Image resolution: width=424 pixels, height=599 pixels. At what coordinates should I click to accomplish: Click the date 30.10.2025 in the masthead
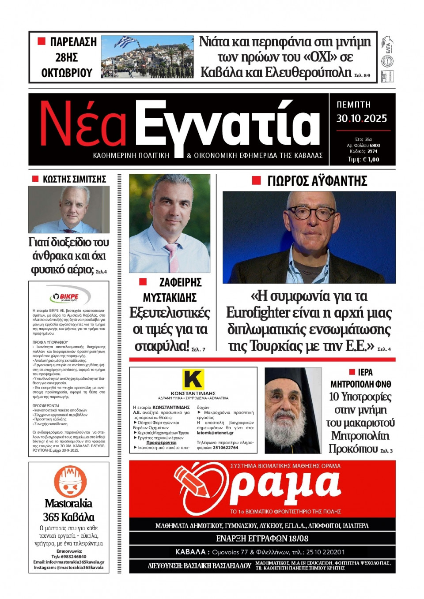click(x=361, y=118)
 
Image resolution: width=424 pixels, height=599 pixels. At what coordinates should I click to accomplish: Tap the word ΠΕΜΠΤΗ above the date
click(x=353, y=105)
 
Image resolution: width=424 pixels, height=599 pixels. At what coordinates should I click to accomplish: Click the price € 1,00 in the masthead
click(x=370, y=160)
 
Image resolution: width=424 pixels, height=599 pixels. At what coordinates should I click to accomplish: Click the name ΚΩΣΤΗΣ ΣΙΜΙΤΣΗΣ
click(x=74, y=179)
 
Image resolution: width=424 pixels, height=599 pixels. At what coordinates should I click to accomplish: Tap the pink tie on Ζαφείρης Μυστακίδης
click(x=172, y=256)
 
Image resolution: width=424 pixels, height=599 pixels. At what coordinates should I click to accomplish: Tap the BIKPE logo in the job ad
click(x=69, y=296)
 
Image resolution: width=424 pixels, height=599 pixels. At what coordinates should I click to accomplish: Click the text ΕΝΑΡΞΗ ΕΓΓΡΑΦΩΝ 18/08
click(x=262, y=539)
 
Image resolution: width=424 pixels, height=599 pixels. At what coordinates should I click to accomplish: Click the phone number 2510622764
click(x=225, y=447)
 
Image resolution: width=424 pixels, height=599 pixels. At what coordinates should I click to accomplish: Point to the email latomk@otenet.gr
click(x=215, y=433)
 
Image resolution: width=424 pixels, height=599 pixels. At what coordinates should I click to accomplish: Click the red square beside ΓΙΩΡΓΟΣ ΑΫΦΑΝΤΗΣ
click(x=256, y=180)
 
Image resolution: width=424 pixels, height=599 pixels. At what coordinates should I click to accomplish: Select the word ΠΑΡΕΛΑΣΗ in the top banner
click(x=73, y=42)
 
